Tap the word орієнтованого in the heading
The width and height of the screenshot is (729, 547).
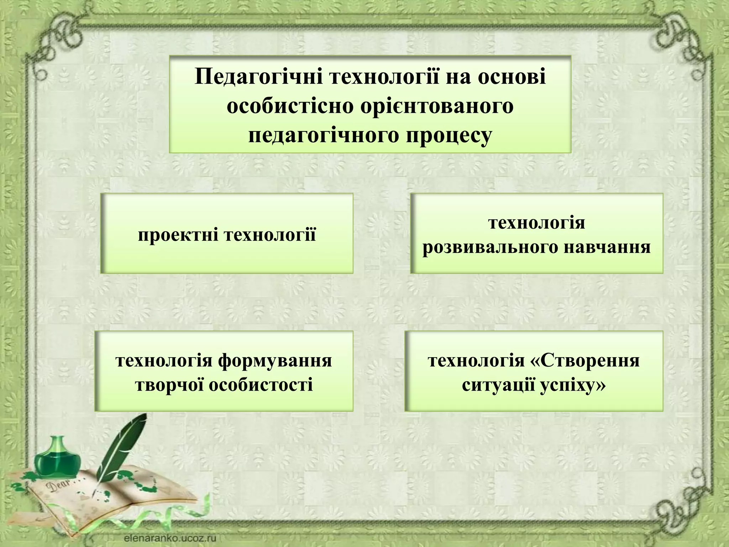pyautogui.click(x=437, y=106)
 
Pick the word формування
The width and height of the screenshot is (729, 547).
pyautogui.click(x=275, y=360)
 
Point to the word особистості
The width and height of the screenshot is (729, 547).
pyautogui.click(x=261, y=385)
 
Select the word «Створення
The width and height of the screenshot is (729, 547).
pyautogui.click(x=584, y=360)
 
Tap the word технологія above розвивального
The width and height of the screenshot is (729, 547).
pyautogui.click(x=537, y=223)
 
